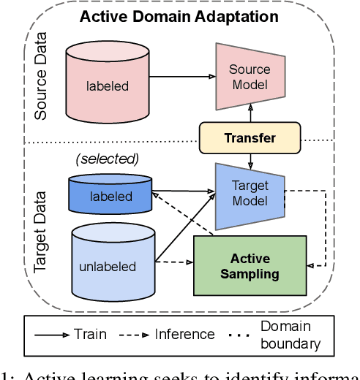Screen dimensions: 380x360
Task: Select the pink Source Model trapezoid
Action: (x=250, y=76)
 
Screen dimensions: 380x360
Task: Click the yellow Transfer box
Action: (x=250, y=137)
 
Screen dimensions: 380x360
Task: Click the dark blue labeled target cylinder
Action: (x=110, y=196)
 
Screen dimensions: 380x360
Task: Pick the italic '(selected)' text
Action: (x=108, y=159)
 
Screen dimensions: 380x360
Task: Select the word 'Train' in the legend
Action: (x=90, y=334)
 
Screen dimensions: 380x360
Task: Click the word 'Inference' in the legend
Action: (x=184, y=334)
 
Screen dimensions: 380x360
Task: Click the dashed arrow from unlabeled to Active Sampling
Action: (x=174, y=261)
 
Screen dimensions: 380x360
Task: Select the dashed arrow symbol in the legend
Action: (x=134, y=335)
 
